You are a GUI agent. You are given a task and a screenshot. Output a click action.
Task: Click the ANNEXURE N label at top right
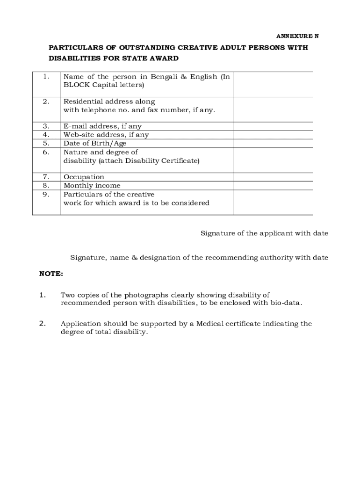[x=297, y=36]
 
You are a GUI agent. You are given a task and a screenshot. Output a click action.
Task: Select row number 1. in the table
[x=46, y=77]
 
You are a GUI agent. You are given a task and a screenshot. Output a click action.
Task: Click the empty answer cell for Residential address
[x=273, y=109]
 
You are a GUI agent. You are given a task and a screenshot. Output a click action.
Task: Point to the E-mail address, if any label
[x=102, y=126]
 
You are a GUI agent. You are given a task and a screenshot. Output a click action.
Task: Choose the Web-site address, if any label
[x=106, y=135]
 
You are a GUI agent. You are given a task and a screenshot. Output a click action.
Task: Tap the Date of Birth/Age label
[x=95, y=143]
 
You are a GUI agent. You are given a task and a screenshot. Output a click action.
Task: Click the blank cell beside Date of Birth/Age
[x=273, y=143]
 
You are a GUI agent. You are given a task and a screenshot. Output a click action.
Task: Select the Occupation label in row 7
[x=84, y=177]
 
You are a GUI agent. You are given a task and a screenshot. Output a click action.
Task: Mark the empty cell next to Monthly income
[x=273, y=186]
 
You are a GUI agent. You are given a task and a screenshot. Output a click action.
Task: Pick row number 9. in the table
[x=46, y=195]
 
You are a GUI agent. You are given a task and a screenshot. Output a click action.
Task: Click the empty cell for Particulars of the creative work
[x=273, y=203]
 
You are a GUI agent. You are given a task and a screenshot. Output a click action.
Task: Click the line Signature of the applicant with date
[x=264, y=233]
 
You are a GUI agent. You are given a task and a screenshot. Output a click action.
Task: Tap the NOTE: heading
[x=51, y=274]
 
